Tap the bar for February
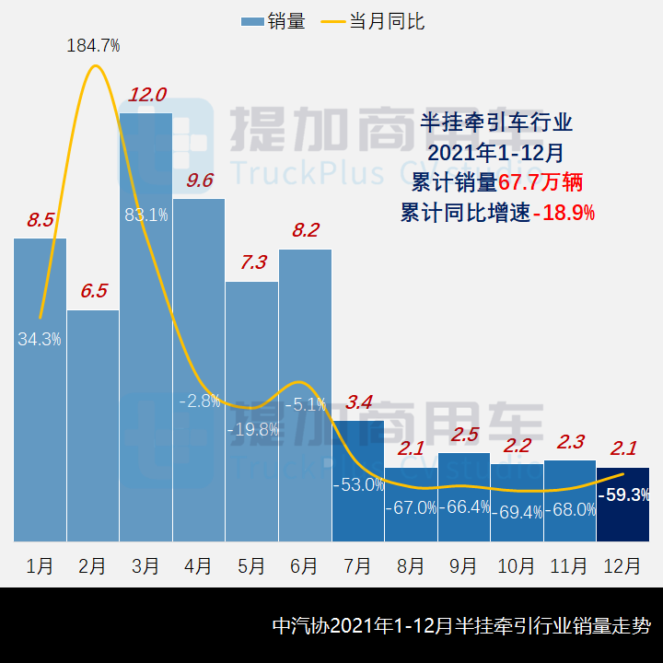pos(93,424)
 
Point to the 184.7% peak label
pos(93,45)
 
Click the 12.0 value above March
pos(147,94)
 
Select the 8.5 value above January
pos(40,220)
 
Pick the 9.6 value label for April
pos(200,180)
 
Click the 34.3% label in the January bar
pos(40,339)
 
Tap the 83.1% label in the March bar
pos(146,215)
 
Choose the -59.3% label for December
pos(624,494)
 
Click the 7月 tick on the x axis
pos(357,565)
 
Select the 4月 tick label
pos(199,565)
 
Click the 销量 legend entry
pos(273,21)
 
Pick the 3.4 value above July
pos(358,401)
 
